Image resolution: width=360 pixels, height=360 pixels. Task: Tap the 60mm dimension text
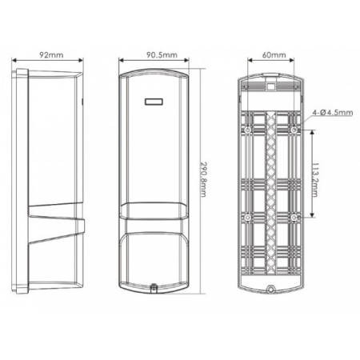274,55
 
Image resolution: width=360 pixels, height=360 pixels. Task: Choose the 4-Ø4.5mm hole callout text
332,114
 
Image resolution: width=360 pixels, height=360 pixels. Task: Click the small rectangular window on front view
153,102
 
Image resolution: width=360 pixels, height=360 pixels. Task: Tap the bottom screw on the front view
154,284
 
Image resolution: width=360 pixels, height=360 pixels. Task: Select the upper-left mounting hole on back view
249,129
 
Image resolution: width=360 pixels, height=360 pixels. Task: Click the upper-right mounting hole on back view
296,129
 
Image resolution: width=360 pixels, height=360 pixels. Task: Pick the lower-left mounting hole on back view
249,217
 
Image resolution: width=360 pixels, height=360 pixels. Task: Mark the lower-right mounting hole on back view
296,217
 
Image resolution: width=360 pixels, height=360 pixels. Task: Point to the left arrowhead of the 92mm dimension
18,62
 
